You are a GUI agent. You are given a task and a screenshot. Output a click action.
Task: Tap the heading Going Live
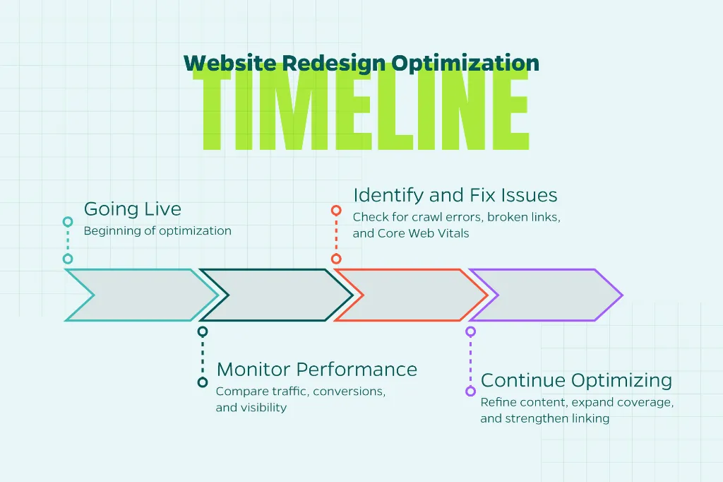132,209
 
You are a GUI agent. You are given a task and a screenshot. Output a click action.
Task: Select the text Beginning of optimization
157,231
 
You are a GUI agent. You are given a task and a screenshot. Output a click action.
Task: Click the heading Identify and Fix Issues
455,195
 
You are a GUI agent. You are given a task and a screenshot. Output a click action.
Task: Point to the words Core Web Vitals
424,233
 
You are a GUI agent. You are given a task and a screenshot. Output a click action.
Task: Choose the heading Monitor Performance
317,370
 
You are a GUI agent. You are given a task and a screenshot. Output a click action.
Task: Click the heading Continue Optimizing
576,380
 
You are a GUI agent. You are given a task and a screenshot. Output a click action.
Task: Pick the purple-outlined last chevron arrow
608,295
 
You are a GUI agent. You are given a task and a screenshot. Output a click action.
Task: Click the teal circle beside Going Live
68,222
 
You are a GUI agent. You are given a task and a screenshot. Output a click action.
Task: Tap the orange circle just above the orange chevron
336,259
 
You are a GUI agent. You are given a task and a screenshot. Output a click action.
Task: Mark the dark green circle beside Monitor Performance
203,382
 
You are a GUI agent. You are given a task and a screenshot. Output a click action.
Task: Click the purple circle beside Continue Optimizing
470,392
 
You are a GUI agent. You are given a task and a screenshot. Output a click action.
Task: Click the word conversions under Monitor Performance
349,392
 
